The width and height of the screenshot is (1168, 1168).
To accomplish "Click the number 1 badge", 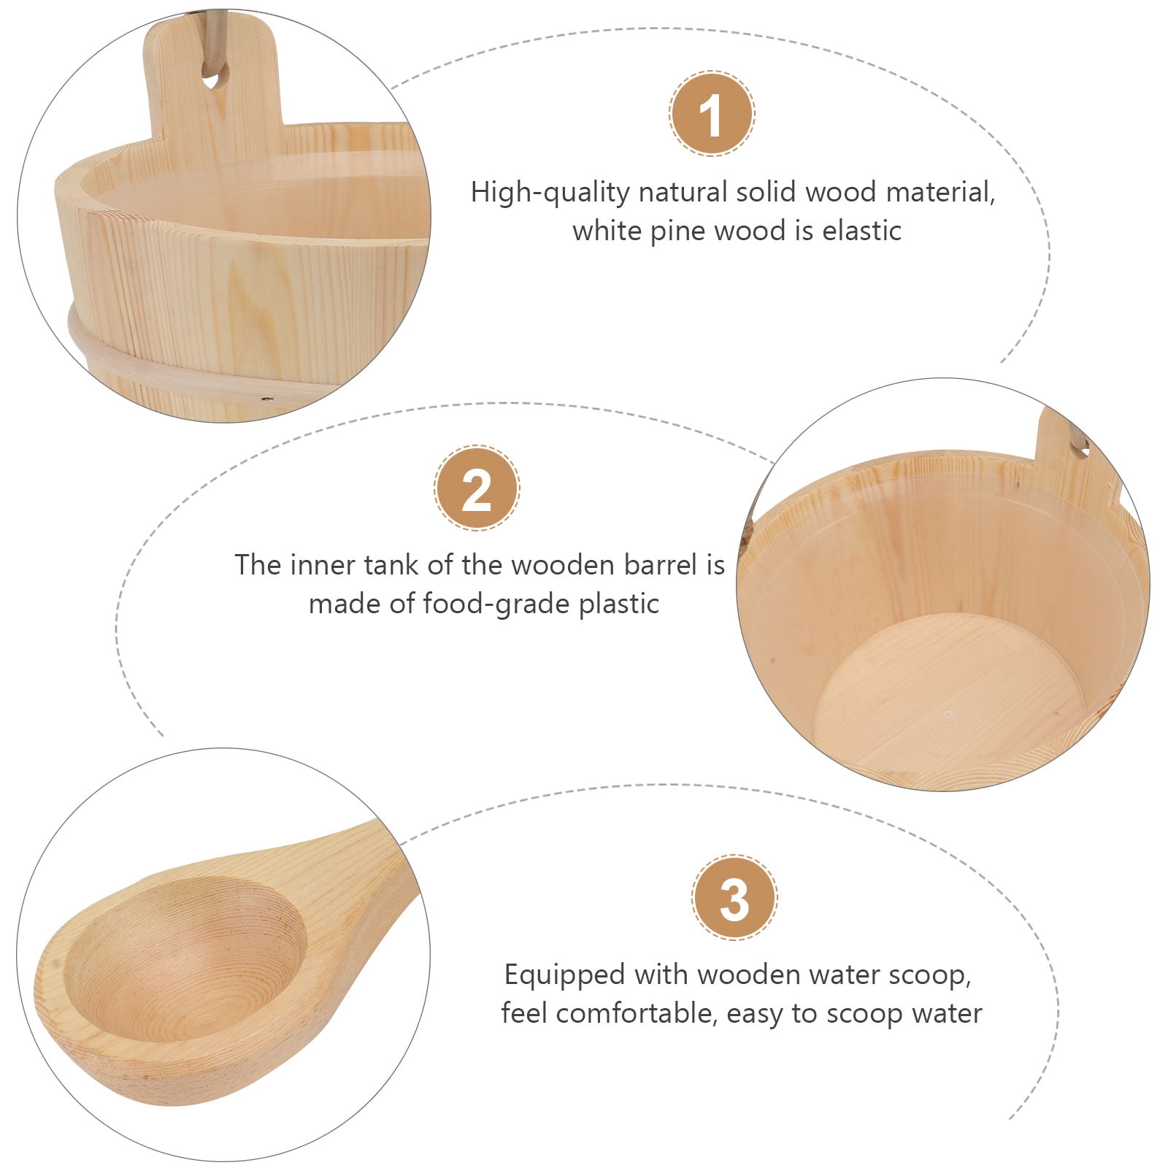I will click(x=712, y=114).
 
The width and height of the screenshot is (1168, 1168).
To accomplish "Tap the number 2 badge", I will click(x=477, y=488).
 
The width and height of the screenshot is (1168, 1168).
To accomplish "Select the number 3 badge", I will click(x=734, y=898).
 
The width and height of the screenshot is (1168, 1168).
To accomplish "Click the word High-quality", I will click(x=550, y=193).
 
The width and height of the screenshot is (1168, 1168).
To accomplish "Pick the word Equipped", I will click(x=564, y=975).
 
